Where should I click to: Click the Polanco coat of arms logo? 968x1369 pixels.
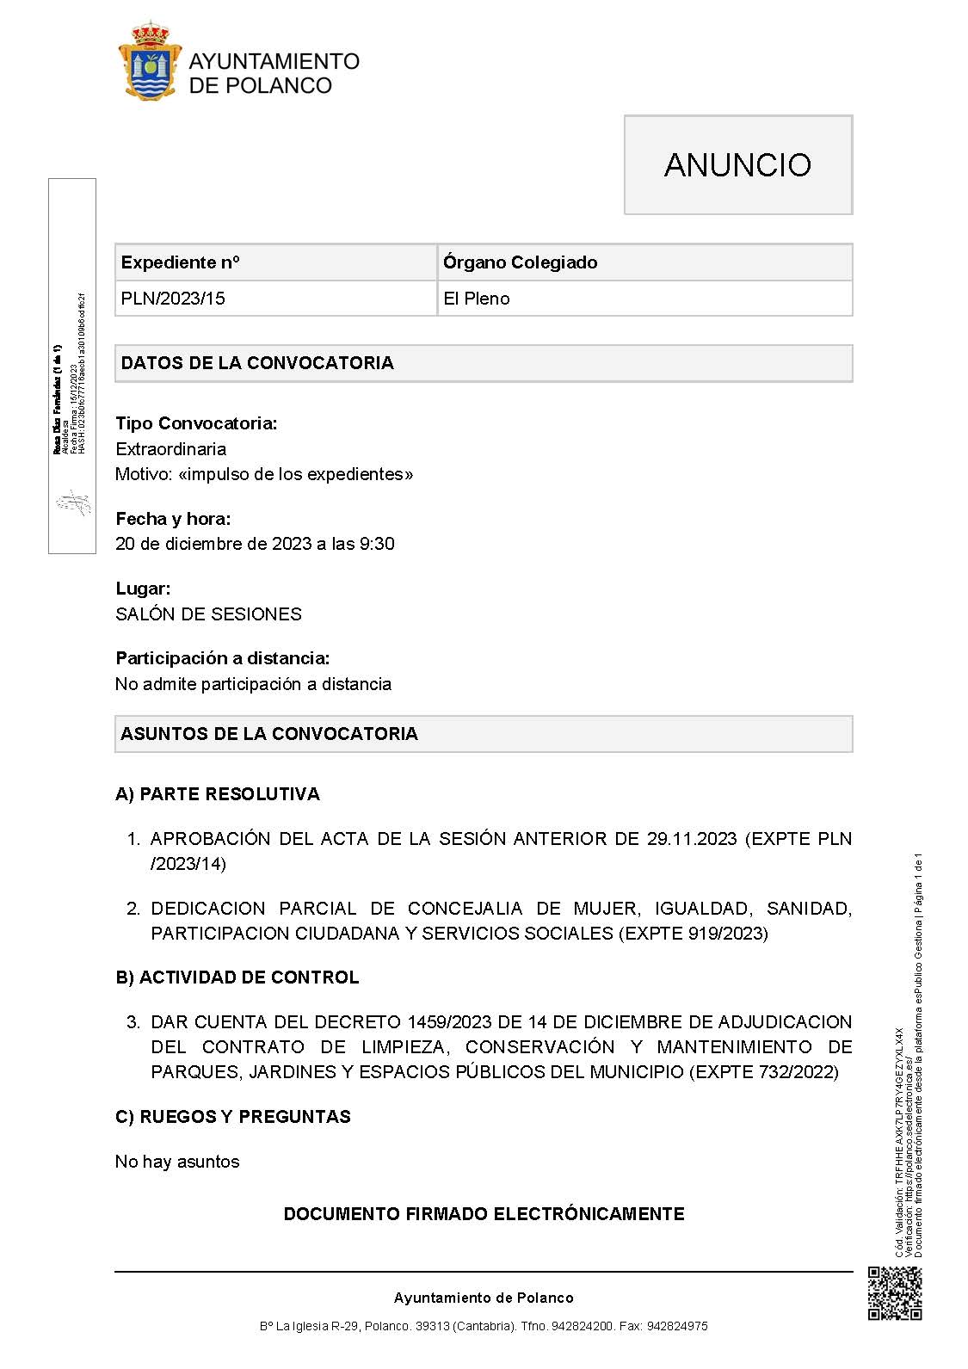[150, 62]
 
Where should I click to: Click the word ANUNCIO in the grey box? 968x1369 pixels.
[737, 165]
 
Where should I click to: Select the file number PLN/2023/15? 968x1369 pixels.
[173, 299]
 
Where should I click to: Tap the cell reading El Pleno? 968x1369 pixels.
[477, 299]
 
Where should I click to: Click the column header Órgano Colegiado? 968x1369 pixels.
[520, 262]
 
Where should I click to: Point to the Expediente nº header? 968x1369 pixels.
[181, 262]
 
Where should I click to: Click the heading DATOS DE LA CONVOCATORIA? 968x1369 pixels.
[257, 363]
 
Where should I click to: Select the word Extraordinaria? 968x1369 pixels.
[171, 449]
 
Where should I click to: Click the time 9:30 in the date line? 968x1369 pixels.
[377, 544]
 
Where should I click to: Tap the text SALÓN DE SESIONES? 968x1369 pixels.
[209, 614]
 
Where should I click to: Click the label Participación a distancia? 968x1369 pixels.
[223, 658]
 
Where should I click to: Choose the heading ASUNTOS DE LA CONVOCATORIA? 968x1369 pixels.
[269, 734]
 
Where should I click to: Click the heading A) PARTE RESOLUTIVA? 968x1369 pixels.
[218, 794]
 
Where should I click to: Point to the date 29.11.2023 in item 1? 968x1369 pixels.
[692, 839]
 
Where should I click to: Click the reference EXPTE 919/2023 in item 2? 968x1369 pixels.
[694, 934]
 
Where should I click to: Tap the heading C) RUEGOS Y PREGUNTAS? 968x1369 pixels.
[233, 1117]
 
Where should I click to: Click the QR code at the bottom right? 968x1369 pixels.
[895, 1293]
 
